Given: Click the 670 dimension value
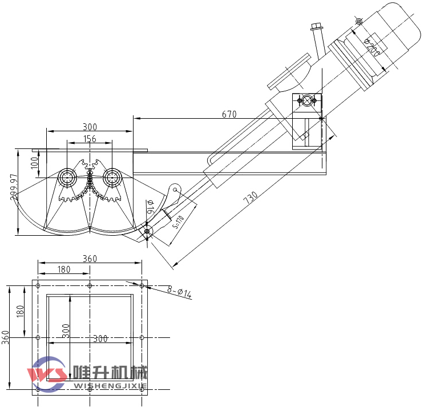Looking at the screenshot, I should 229,114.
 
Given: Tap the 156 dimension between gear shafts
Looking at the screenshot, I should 90,139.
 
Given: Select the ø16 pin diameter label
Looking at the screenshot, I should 150,207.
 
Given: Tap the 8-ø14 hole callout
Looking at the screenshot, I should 179,293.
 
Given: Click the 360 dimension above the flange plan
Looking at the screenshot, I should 90,259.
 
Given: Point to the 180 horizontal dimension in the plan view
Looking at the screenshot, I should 64,269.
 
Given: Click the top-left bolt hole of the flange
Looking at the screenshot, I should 38,285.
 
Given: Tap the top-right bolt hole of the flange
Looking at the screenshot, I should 142,285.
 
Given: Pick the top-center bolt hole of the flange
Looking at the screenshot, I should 90,285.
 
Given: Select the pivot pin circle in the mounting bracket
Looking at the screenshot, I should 307,101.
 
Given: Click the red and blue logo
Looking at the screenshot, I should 48,374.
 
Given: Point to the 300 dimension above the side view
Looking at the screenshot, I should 90,127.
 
